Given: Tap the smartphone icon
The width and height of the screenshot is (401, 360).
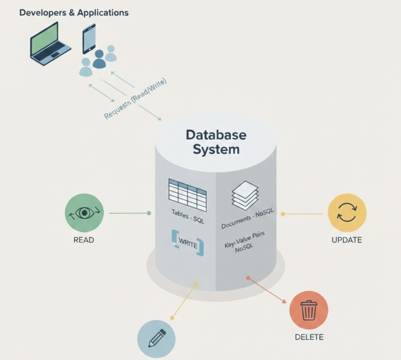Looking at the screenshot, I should click(89, 38).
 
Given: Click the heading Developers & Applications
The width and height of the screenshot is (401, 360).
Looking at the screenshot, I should click(74, 13).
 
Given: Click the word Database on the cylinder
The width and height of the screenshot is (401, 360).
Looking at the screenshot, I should click(216, 135).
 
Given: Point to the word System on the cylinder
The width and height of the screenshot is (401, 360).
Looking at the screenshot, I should click(216, 149).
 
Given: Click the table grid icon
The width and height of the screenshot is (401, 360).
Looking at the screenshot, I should click(188, 194).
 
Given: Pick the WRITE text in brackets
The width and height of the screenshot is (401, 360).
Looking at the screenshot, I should click(188, 243).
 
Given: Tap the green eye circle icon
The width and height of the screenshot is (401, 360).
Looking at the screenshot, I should click(84, 213).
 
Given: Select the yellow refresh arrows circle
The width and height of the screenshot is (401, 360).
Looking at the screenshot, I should click(347, 213).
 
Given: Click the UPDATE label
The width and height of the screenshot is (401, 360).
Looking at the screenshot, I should click(347, 240).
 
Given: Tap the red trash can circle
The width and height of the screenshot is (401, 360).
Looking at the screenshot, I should click(309, 310).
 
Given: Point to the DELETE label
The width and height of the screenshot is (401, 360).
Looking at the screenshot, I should click(309, 337).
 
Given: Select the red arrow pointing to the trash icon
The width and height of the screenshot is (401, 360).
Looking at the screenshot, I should click(267, 290).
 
